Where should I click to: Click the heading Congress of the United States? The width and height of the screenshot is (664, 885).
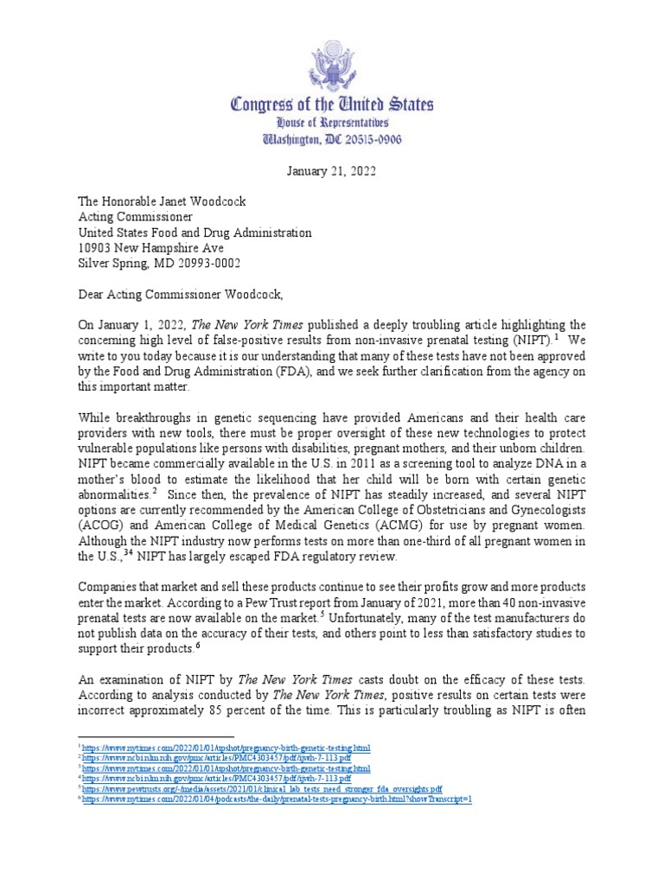pos(332,105)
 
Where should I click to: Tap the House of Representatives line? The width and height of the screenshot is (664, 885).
pos(332,124)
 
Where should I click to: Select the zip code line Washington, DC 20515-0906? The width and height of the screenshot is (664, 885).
pos(332,140)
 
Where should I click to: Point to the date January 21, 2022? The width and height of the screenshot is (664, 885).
pos(332,171)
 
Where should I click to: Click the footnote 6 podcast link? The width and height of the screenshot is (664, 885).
pos(278,799)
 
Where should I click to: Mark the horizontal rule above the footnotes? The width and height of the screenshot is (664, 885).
pos(156,737)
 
